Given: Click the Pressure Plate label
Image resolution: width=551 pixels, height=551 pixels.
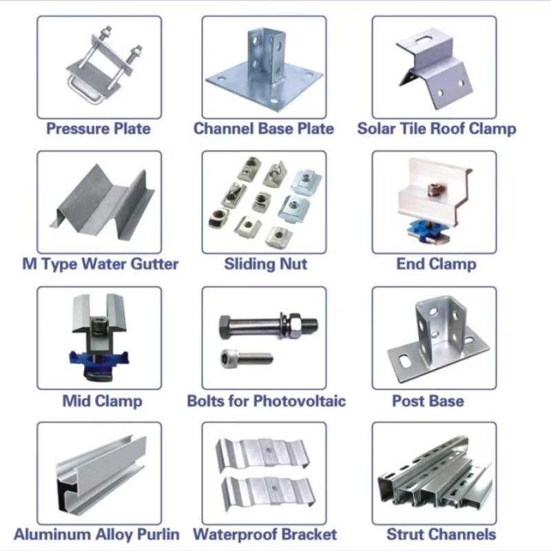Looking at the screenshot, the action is point(98,129).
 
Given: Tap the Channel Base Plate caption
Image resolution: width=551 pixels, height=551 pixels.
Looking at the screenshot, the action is point(264,129).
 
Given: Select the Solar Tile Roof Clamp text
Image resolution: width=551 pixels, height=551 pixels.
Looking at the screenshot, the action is point(437,129).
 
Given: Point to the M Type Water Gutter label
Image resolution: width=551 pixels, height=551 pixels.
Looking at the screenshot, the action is point(100,264).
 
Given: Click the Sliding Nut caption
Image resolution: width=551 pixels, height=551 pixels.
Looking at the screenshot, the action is point(266,264).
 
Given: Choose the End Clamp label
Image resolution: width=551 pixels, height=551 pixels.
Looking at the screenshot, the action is point(437,264).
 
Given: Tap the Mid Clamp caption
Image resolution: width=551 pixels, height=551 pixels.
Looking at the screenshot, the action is point(102,401).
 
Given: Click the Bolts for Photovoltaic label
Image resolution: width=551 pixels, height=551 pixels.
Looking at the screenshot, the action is point(267,401).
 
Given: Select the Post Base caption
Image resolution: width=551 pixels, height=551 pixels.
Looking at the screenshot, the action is point(428,401).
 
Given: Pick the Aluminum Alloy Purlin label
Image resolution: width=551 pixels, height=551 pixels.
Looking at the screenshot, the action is point(96,534).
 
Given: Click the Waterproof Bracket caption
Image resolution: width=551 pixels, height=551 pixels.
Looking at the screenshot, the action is point(265,534).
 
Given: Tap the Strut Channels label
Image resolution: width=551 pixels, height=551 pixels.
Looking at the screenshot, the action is point(441,534).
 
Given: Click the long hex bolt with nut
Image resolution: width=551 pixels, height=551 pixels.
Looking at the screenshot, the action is point(269,326).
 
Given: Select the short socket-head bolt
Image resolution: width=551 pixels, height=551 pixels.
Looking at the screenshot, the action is point(247,359).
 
